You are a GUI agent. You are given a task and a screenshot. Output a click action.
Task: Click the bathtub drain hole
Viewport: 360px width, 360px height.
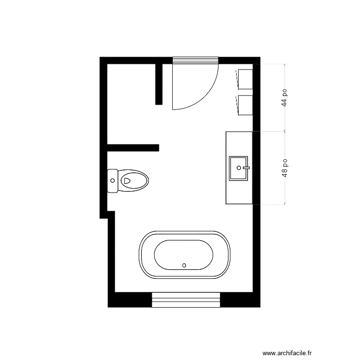(184, 264)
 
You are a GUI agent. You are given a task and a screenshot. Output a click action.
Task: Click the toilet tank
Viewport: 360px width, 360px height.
(113, 180)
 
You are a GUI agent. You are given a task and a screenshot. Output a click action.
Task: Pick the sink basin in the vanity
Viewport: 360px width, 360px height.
(238, 168)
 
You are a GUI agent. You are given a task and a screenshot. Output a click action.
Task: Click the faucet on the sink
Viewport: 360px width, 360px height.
(247, 168)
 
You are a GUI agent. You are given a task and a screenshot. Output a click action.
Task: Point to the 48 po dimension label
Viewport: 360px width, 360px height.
(284, 168)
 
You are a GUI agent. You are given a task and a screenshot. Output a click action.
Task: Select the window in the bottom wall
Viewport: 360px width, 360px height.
(186, 300)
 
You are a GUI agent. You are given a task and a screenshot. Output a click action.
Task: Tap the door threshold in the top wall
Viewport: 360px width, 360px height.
(195, 60)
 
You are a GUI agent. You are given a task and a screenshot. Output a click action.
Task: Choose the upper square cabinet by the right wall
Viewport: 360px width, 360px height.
(245, 79)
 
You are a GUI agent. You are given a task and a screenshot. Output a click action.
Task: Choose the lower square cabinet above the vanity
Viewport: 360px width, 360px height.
(245, 105)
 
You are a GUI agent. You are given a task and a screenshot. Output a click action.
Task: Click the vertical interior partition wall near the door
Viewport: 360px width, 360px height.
(159, 84)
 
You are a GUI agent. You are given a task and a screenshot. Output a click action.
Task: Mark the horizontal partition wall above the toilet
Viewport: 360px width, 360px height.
(133, 147)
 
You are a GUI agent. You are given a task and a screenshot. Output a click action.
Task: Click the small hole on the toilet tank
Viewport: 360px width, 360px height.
(113, 180)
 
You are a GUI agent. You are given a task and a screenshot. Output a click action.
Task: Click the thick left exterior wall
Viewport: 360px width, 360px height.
(103, 120)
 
